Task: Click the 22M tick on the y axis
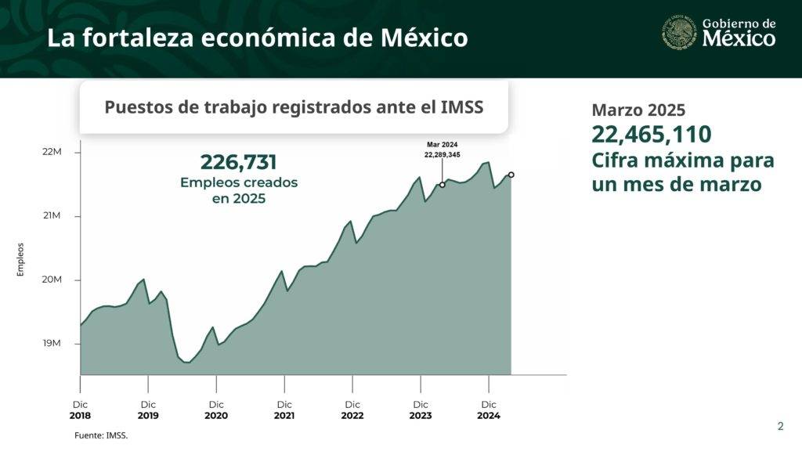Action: coord(52,152)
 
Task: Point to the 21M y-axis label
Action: coord(52,216)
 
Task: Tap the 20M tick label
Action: coord(52,280)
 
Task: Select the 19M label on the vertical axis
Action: coord(52,344)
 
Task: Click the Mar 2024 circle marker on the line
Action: coord(443,185)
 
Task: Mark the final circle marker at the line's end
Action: coord(511,175)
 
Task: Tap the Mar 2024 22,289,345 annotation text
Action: coord(443,150)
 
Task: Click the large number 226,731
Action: coord(239,162)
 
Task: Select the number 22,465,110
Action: coord(652,135)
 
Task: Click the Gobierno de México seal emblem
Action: coord(680,34)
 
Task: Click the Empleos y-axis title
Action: coord(21,259)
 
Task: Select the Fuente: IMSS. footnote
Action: coord(101,435)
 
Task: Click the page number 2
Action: coord(780,427)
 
